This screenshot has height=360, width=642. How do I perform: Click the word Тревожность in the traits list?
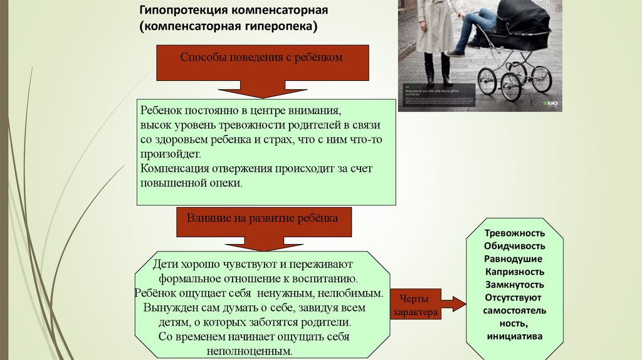tap(515, 233)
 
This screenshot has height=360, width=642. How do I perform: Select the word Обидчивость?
tap(515, 246)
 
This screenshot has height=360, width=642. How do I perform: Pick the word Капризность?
tap(515, 272)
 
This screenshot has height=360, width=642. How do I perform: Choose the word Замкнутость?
tap(515, 285)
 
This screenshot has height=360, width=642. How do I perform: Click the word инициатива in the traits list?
tap(515, 336)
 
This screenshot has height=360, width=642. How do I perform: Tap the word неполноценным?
tap(253, 351)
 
